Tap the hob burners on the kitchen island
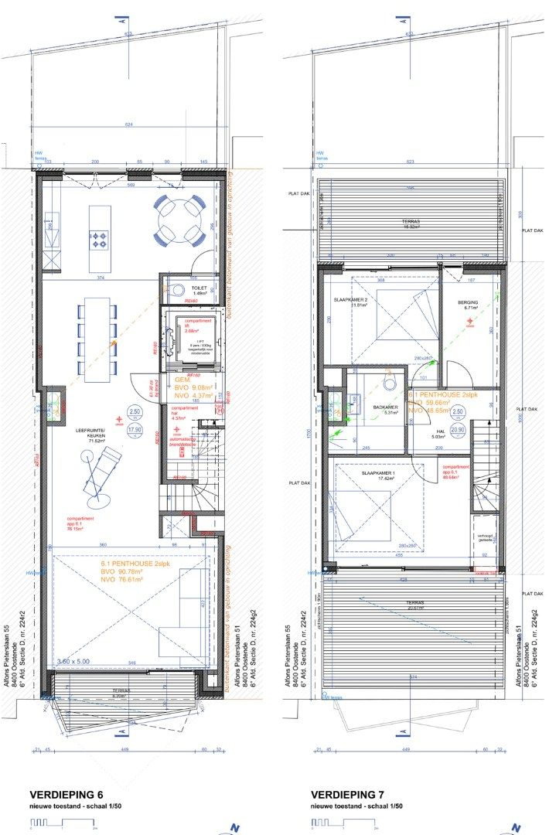click(x=100, y=239)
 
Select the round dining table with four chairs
click(x=179, y=220)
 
